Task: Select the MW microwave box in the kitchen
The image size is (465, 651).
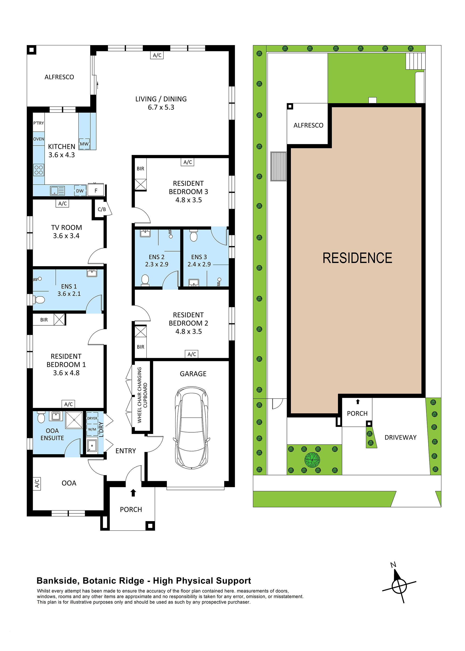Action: coord(84,144)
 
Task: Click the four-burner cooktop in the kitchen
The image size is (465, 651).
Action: coord(39,170)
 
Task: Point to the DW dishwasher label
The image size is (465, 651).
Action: coord(80,191)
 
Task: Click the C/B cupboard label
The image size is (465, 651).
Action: coord(102,209)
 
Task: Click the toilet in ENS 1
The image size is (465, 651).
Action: coord(39,300)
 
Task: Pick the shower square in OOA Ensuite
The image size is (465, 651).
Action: coord(74,420)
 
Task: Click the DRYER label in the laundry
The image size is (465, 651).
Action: coord(92,418)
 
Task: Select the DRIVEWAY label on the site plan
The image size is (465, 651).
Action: coord(400,437)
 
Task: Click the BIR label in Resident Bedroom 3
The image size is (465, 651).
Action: coord(140,169)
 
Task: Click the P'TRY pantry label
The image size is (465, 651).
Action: coord(39,123)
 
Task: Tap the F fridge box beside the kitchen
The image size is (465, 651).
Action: coord(96,190)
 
